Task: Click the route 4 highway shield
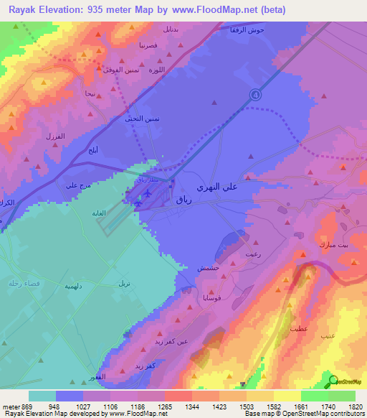[256, 95]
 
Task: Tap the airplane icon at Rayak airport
[147, 193]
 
